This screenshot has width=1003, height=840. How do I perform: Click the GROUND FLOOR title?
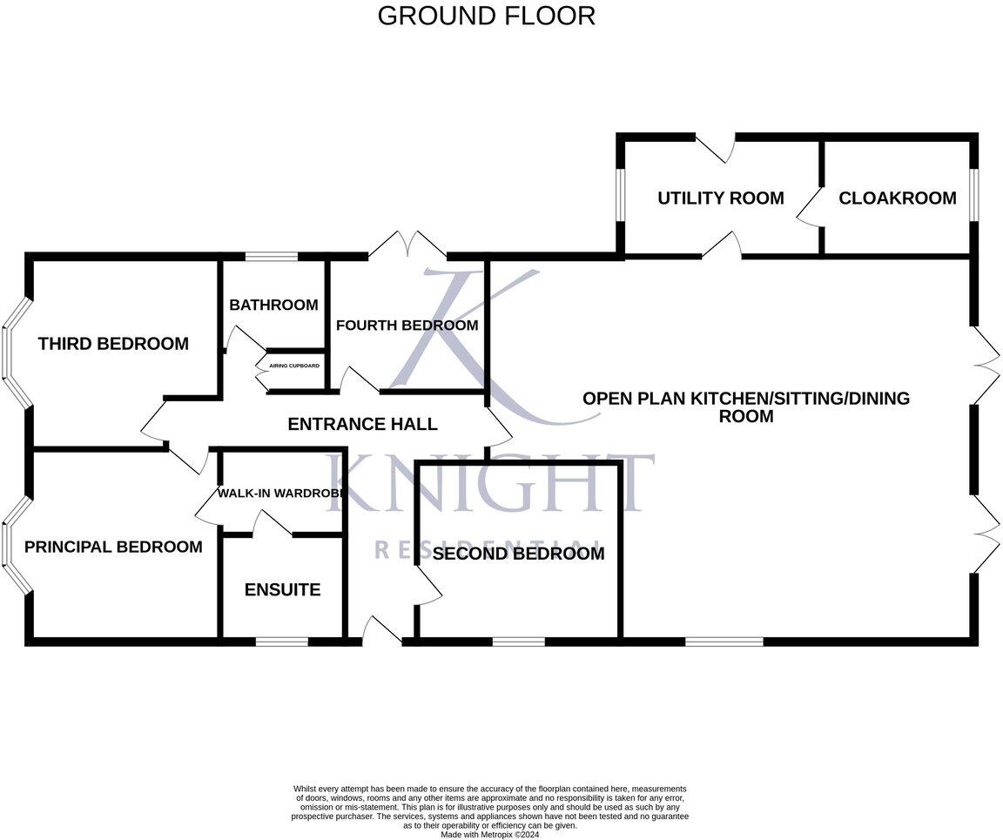(x=486, y=16)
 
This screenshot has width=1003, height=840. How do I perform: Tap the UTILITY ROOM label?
(x=720, y=198)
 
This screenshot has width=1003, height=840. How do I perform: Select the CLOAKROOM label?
(x=897, y=198)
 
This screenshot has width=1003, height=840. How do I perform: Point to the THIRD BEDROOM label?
(x=113, y=344)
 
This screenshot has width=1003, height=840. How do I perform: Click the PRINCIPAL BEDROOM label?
(x=113, y=547)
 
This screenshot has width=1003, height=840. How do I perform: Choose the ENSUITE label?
(x=282, y=590)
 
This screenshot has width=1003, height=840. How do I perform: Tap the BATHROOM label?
(x=273, y=305)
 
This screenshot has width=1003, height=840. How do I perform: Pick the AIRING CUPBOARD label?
(x=294, y=366)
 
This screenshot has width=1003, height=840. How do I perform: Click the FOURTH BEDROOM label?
(x=407, y=326)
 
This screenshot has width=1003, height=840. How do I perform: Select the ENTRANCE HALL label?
(x=362, y=425)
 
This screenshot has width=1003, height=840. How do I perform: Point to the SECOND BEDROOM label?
(x=518, y=554)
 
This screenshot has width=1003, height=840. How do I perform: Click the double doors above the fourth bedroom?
(x=407, y=245)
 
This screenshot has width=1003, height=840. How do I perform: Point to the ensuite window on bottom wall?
(x=282, y=642)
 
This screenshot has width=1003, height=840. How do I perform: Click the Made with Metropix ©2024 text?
(x=490, y=834)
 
